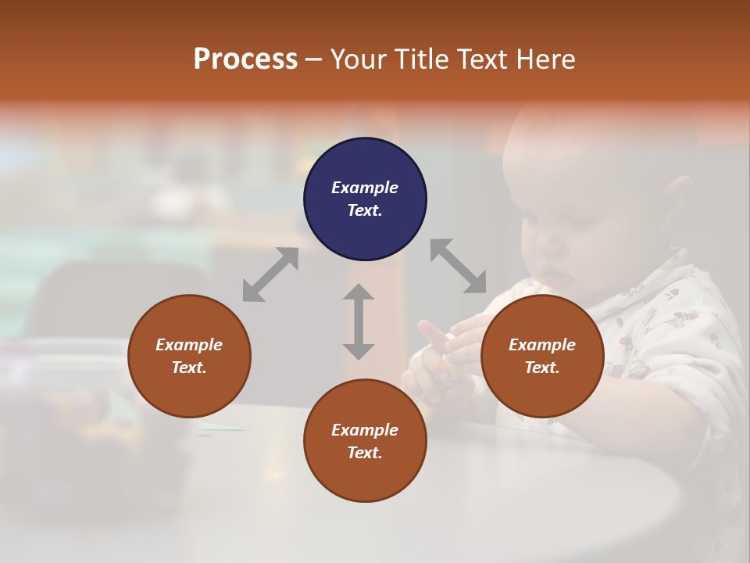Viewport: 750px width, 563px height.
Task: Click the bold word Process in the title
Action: [245, 59]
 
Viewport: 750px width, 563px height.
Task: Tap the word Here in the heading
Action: [545, 59]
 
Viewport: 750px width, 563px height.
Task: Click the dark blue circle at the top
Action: [365, 199]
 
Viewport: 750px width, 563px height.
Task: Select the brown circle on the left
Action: [189, 356]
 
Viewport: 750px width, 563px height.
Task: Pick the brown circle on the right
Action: [542, 356]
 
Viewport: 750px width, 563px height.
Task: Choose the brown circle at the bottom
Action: [365, 441]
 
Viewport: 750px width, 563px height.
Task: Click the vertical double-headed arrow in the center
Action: [359, 321]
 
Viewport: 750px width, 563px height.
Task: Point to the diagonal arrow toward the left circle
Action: [270, 274]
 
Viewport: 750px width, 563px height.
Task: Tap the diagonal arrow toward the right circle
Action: [459, 266]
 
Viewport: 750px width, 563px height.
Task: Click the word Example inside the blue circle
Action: [365, 188]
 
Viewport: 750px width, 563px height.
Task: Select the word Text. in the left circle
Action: [189, 368]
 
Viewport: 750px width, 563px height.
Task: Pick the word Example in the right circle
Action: [542, 345]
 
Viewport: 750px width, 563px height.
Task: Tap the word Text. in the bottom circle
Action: [365, 453]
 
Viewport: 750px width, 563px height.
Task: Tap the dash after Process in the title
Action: [314, 59]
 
